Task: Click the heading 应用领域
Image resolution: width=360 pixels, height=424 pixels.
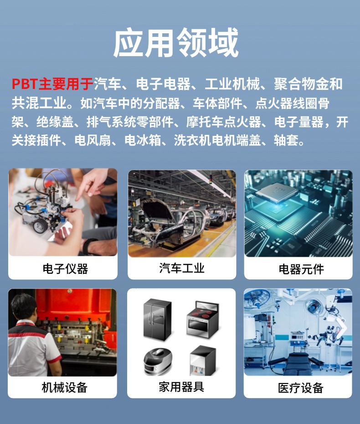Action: pos(176,42)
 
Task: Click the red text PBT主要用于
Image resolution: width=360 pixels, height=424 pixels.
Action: pos(52,84)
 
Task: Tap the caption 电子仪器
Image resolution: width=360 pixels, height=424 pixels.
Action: pos(66,269)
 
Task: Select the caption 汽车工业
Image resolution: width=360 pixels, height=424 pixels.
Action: pos(182,268)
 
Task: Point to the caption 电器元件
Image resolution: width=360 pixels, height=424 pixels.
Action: pos(301,269)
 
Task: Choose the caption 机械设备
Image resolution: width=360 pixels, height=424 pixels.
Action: pos(65,387)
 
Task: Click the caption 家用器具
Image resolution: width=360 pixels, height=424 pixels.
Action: pos(181,387)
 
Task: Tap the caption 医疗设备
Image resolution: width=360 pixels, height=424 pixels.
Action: pos(301,388)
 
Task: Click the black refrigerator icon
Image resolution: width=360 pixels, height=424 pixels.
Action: pos(157,319)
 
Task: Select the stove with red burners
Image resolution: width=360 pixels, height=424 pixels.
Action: pos(202,319)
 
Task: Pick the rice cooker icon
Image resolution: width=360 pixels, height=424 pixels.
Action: pos(158,361)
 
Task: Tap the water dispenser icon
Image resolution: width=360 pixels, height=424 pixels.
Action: pos(203,361)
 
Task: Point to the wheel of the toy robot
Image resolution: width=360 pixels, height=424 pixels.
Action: pos(41,226)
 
